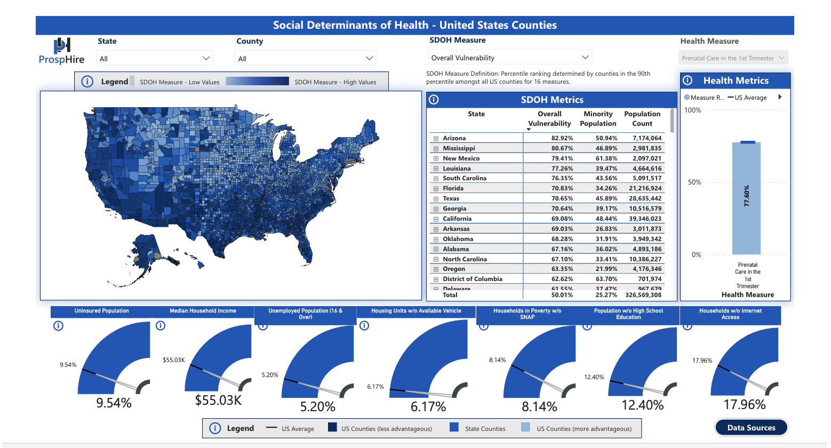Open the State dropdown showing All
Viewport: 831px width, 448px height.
[x=154, y=59]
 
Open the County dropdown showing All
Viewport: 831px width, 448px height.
[x=305, y=59]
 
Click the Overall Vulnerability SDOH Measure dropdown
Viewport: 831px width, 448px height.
[x=510, y=58]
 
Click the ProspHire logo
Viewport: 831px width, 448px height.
[x=62, y=51]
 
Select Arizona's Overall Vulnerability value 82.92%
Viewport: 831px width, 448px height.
[x=562, y=138]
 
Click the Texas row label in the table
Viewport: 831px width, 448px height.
[x=451, y=198]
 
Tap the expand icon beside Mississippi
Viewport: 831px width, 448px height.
[x=436, y=149]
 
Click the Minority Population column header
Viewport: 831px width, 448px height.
[x=598, y=118]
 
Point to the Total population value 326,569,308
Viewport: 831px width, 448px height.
[x=643, y=295]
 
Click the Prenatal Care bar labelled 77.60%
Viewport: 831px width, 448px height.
[x=746, y=198]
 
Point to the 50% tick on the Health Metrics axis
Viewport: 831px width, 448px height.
[x=694, y=182]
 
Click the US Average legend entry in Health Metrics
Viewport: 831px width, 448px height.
[x=750, y=98]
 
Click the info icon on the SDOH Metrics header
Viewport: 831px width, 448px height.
[x=434, y=100]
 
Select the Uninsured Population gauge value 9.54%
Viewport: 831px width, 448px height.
[x=114, y=403]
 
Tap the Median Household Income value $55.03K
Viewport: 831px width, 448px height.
[x=218, y=400]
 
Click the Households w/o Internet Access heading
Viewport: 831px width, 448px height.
[x=730, y=314]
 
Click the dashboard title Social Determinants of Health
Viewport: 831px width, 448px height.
[x=414, y=25]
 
